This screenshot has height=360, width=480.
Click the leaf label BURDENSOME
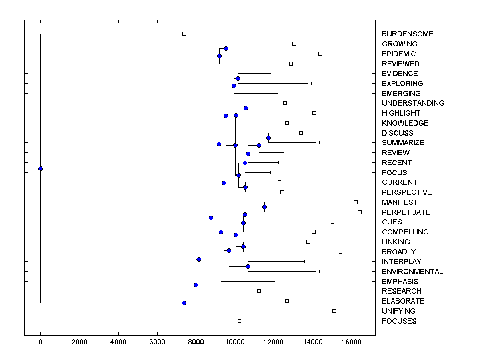(407, 34)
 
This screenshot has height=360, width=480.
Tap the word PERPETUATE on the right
(406, 212)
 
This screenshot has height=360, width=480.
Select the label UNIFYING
(398, 311)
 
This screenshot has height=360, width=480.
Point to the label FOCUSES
(399, 321)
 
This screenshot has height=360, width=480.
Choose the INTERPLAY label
(401, 262)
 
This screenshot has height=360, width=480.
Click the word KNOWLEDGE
(405, 123)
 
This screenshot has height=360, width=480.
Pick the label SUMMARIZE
(403, 143)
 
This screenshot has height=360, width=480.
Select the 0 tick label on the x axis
(40, 342)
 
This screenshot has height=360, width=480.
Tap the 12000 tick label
(274, 342)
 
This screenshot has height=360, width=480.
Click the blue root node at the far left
(40, 168)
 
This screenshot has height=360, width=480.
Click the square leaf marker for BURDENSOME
(184, 34)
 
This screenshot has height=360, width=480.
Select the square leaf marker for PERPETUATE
(360, 212)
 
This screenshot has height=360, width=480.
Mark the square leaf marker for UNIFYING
(334, 311)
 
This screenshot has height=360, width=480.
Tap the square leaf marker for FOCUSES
(239, 321)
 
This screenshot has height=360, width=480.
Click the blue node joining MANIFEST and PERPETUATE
(264, 207)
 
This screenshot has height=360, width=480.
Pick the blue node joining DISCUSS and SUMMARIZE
(268, 138)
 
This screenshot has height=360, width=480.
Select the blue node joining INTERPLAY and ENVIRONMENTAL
(248, 266)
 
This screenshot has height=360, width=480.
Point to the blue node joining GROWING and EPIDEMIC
(226, 48)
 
